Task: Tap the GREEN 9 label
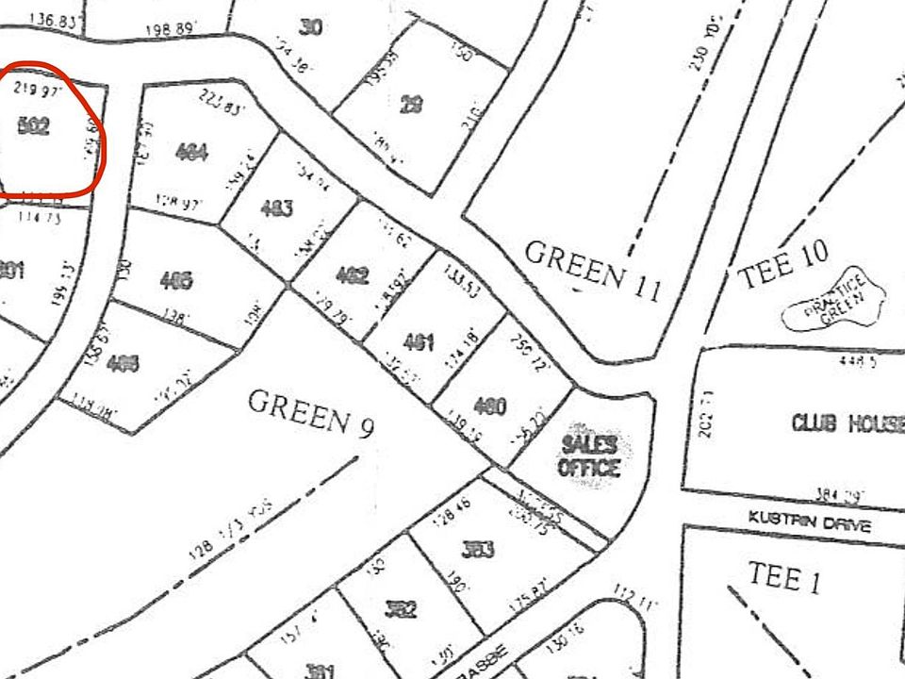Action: point(311,412)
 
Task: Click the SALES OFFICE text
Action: point(589,455)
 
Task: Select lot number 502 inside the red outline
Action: point(34,126)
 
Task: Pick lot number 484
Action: point(191,151)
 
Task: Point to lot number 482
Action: point(352,276)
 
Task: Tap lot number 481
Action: point(418,342)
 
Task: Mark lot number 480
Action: point(490,407)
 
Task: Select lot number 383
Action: point(479,549)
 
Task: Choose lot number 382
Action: point(401,609)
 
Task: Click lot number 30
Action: point(310,27)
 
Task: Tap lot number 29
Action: point(410,104)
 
